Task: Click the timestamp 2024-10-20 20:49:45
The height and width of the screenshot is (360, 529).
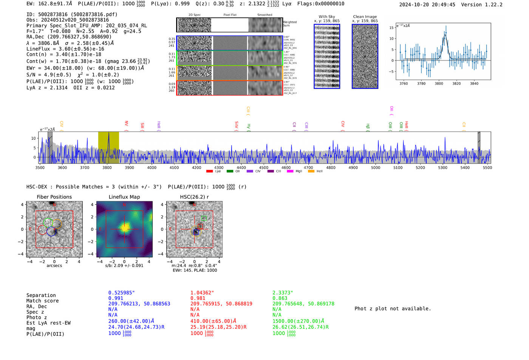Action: click(427, 5)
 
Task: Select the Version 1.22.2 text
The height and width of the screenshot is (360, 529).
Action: click(482, 5)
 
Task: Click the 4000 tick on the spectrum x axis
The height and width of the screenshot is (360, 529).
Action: click(152, 168)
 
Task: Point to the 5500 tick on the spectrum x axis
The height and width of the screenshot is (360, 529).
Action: click(487, 168)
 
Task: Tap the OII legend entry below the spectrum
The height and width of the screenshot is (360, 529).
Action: click(237, 172)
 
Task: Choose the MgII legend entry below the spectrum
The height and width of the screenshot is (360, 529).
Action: click(299, 172)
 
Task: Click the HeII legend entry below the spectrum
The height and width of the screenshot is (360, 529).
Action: click(319, 172)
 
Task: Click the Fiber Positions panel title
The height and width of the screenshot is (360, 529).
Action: click(54, 197)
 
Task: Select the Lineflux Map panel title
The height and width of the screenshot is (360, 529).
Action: click(124, 197)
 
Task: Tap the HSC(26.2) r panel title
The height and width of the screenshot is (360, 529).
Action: click(194, 197)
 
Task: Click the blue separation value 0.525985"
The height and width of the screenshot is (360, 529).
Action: click(121, 293)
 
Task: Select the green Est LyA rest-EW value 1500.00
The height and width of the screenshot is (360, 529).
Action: click(298, 321)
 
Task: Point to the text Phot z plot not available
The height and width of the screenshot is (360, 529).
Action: click(393, 309)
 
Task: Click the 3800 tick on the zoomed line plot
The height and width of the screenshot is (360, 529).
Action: click(439, 83)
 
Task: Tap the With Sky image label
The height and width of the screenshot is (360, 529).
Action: click(326, 17)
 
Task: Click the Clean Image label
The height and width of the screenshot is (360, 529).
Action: click(365, 17)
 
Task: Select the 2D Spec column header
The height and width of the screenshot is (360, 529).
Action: click(194, 15)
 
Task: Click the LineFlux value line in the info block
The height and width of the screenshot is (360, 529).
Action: click(65, 49)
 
